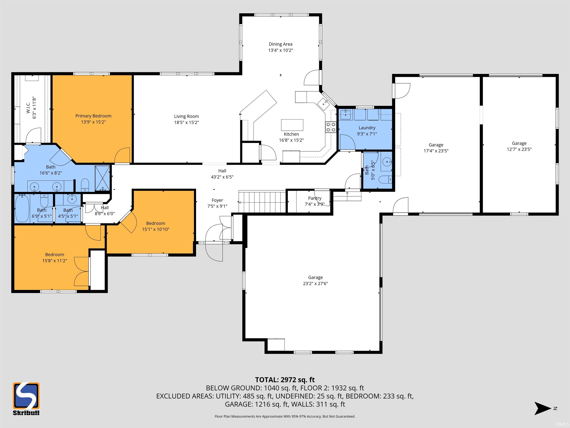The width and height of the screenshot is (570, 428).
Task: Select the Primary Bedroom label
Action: pyautogui.click(x=93, y=116)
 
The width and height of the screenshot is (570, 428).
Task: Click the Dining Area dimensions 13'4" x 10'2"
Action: pyautogui.click(x=281, y=50)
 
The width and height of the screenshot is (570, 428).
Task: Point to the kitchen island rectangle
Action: pyautogui.click(x=292, y=125)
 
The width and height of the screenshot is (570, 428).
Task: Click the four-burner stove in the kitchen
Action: pyautogui.click(x=331, y=127)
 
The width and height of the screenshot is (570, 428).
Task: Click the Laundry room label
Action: pyautogui.click(x=367, y=128)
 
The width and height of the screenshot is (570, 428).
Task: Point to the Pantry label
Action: pyautogui.click(x=315, y=198)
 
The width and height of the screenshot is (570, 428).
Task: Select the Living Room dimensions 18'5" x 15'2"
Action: pyautogui.click(x=186, y=123)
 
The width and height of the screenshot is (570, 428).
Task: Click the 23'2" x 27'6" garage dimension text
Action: pyautogui.click(x=315, y=283)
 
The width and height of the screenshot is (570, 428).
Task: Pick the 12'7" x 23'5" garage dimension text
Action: pyautogui.click(x=519, y=149)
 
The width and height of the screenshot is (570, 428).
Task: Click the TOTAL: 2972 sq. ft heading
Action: pyautogui.click(x=285, y=380)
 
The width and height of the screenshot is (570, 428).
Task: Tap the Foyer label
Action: pyautogui.click(x=217, y=200)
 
